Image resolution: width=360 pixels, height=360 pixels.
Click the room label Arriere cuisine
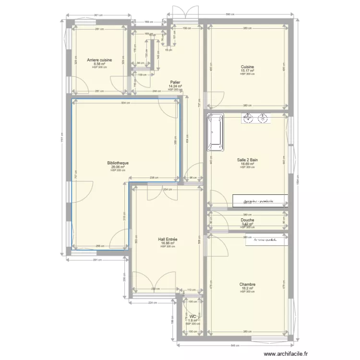99,60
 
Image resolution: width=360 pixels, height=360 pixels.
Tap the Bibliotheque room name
118,163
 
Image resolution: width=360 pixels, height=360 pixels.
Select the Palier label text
174,83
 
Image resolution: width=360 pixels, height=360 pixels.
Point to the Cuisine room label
247,67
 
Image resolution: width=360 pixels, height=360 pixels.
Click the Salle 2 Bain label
247,160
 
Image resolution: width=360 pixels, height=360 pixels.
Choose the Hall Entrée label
168,239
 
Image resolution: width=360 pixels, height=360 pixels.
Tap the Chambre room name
247,285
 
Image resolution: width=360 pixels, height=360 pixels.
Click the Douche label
247,220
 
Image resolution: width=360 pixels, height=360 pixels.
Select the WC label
192,317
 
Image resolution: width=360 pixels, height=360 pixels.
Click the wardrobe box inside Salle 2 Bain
261,201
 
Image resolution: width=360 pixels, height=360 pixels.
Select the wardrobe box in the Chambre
266,239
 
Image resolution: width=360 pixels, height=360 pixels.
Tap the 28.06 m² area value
118,167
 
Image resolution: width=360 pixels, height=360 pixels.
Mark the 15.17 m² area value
247,71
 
